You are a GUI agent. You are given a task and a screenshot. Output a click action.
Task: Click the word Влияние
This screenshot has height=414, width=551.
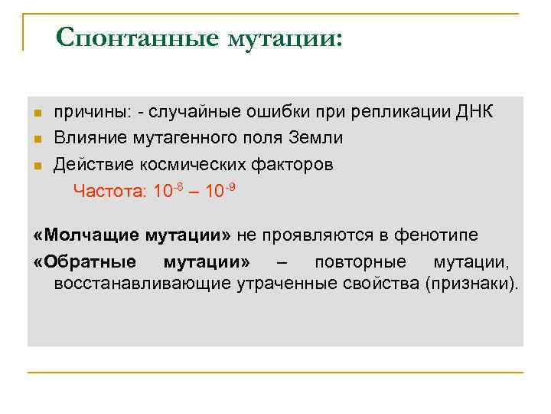pos(85,138)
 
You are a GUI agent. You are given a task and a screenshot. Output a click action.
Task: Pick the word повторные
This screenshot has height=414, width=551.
pos(360,261)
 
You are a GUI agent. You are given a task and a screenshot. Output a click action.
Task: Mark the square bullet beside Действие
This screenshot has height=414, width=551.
pos(37,166)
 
